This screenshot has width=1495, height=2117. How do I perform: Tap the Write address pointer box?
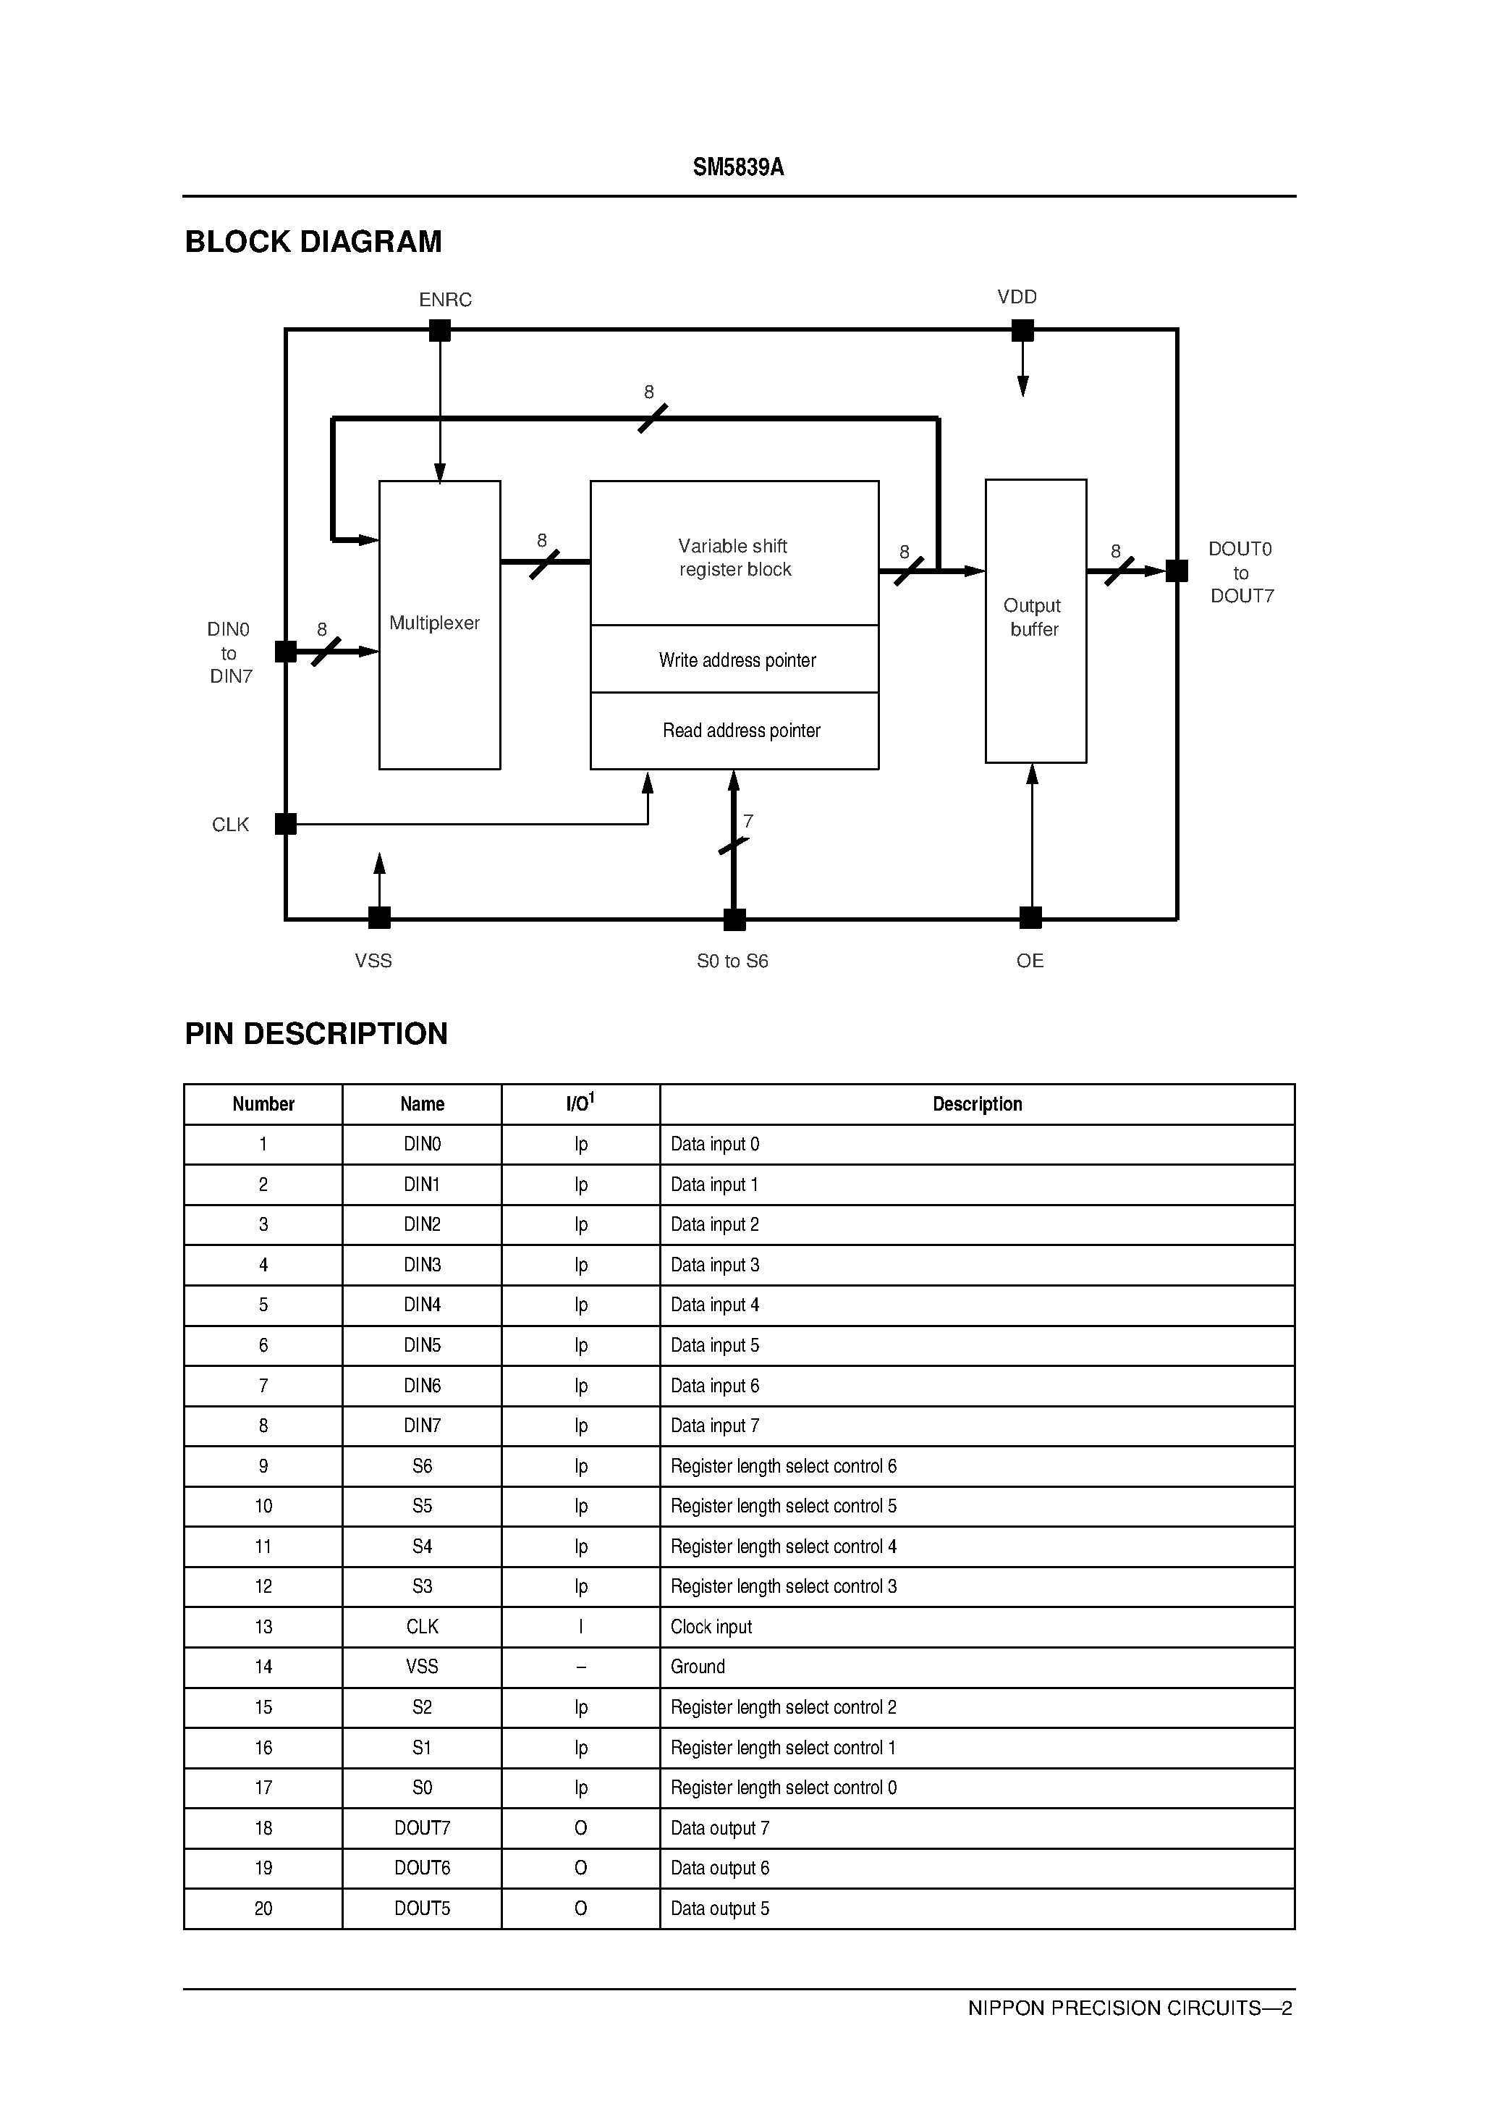tap(734, 660)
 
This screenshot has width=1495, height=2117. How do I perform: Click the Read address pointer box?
tap(734, 731)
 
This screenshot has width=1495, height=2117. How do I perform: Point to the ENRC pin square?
tap(440, 330)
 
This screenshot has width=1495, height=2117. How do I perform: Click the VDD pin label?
tap(1017, 297)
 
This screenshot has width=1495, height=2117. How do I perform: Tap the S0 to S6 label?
tap(732, 961)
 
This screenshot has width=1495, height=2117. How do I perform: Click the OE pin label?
tap(1030, 961)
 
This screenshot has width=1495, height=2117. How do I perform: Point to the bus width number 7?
tap(748, 820)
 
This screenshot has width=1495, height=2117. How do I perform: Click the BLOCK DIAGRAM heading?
tap(313, 242)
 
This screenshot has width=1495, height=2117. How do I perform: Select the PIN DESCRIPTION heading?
tap(316, 1034)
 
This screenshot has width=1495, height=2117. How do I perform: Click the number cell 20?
tap(263, 1908)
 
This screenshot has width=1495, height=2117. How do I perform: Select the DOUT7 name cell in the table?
tap(422, 1828)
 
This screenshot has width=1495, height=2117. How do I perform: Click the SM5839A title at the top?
tap(738, 167)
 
